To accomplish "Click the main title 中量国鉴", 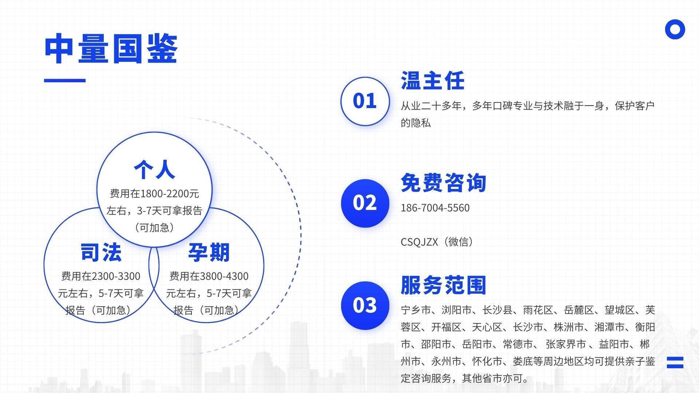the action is [111, 49].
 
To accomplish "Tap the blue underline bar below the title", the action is [65, 80].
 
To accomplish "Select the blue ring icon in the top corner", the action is [675, 29].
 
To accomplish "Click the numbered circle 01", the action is [365, 101].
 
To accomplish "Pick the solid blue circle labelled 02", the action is [365, 203].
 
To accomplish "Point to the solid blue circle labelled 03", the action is [365, 305].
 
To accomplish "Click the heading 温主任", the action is [433, 80].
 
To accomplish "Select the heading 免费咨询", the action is [443, 183].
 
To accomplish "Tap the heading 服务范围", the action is [443, 285].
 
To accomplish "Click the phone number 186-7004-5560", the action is [435, 208].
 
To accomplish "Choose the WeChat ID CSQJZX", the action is [419, 242].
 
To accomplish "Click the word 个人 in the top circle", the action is [154, 170].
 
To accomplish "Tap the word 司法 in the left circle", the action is [101, 252].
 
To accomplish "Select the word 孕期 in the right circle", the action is [209, 252].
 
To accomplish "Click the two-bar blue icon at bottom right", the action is [675, 362].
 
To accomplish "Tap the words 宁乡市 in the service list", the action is [416, 310].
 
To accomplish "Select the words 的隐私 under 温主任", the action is [416, 123].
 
